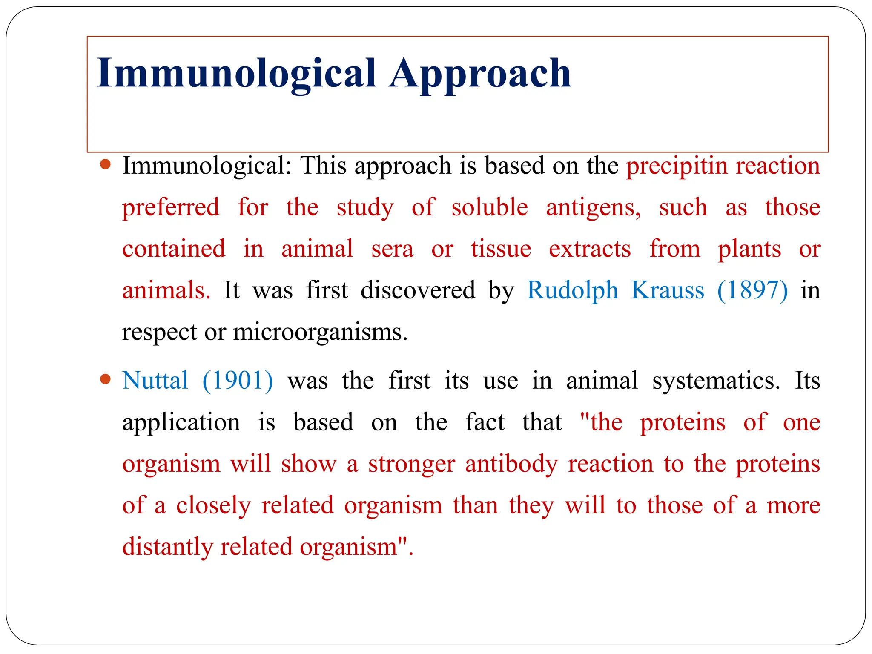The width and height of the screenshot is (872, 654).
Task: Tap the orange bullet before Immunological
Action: (105, 164)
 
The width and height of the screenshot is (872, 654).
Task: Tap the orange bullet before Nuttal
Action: (105, 379)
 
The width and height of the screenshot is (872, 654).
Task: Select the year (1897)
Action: (752, 290)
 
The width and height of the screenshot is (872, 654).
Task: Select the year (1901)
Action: (238, 380)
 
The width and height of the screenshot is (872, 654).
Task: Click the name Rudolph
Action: (572, 290)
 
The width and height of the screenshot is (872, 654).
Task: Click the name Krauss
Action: (667, 290)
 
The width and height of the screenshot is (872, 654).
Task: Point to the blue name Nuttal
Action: (155, 380)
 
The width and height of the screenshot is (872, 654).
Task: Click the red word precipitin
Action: (677, 166)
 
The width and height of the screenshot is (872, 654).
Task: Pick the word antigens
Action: (593, 208)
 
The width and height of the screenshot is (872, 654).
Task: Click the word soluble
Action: (490, 207)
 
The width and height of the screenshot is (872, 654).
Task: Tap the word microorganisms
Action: (320, 332)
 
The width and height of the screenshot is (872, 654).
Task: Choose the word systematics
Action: (716, 380)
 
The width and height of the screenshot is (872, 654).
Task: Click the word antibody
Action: (511, 464)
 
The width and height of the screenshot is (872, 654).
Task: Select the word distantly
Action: (167, 547)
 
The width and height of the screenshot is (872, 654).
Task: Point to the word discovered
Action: (418, 290)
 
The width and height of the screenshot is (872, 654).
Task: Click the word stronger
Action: (411, 464)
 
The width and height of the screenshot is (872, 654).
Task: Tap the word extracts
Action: (590, 249)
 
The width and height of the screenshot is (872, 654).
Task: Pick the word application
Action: (181, 423)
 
